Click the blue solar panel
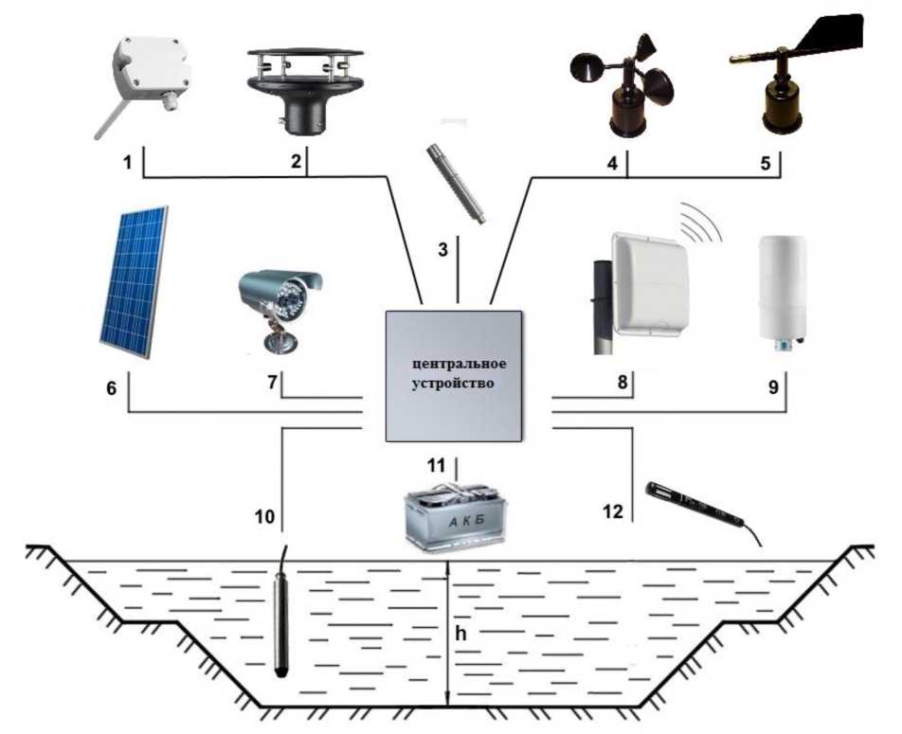(x=135, y=282)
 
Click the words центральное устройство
(x=454, y=374)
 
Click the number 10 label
(x=264, y=517)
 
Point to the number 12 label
(x=613, y=511)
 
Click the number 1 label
(x=126, y=162)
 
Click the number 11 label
(x=436, y=465)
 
